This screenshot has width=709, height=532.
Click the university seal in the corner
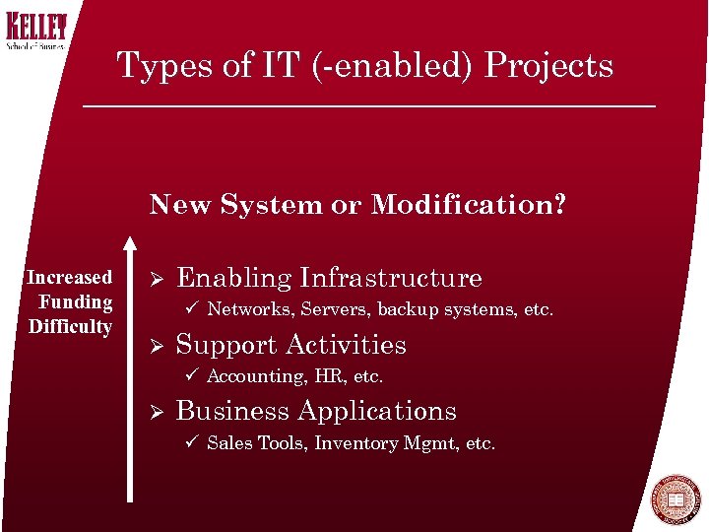(675, 501)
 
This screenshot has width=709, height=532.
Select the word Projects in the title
(549, 66)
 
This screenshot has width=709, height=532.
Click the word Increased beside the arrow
(69, 278)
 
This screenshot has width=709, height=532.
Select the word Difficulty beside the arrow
(70, 326)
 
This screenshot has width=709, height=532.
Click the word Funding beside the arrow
(76, 301)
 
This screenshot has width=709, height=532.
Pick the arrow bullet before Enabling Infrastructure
(155, 279)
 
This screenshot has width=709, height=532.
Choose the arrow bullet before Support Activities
(155, 346)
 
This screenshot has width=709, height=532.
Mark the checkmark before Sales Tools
(192, 443)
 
